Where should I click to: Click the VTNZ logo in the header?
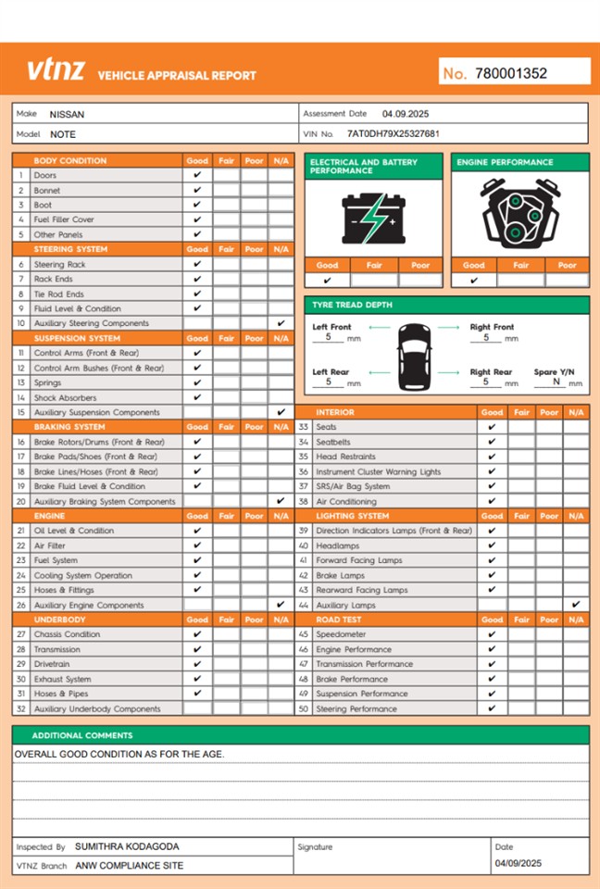pos(56,69)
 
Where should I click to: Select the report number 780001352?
pos(511,73)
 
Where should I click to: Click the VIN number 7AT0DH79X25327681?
pos(394,133)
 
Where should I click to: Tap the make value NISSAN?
pos(67,115)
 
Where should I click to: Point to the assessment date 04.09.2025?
pos(406,114)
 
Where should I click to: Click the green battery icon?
pos(373,218)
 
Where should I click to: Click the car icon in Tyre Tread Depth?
pos(414,357)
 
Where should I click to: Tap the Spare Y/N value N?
pos(556,381)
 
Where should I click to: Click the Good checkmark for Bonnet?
pos(197,190)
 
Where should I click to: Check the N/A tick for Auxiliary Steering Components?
pos(281,323)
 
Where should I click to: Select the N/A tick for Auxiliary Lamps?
pos(576,605)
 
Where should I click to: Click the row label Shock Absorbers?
pos(65,397)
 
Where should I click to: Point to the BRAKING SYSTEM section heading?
pos(69,427)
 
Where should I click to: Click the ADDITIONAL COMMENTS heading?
pos(82,735)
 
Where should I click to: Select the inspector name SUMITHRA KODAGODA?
pos(127,846)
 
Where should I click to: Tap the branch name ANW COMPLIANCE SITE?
pos(129,866)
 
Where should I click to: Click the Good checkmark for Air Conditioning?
pos(492,501)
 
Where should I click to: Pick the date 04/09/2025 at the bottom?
pos(518,863)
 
